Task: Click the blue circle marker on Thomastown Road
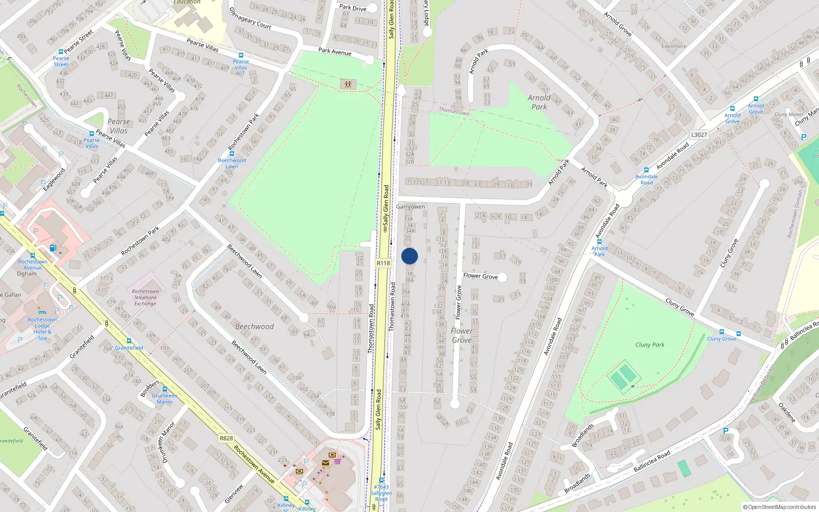point(409,256)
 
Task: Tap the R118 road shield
point(383,263)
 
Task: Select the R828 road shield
point(226,438)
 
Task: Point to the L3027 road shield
point(699,135)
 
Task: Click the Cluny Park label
point(650,345)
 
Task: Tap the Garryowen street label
point(411,207)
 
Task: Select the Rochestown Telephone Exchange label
point(145,297)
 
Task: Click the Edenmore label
point(674,46)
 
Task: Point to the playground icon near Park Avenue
point(348,84)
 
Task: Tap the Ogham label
point(27,274)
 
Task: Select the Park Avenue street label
point(335,51)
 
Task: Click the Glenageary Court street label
point(250,18)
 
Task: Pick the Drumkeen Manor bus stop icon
point(165,390)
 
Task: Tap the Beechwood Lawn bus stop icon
point(232,154)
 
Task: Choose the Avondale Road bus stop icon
point(646,170)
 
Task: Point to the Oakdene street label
point(787,412)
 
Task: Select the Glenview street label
point(234,493)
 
